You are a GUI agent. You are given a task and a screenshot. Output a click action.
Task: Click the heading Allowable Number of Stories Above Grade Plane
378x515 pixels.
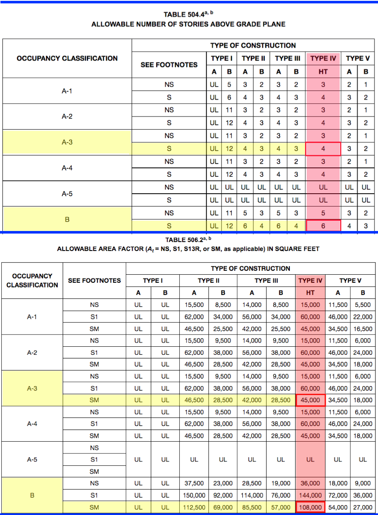pyautogui.click(x=188, y=24)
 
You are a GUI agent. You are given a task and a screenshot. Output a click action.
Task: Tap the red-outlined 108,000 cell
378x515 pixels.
pyautogui.click(x=310, y=507)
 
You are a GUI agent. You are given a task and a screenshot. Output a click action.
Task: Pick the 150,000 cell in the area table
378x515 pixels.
pyautogui.click(x=194, y=495)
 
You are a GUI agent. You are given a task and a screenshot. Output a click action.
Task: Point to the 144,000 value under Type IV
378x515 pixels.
pyautogui.click(x=310, y=495)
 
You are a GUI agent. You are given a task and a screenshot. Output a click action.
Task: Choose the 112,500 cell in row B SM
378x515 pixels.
pyautogui.click(x=194, y=507)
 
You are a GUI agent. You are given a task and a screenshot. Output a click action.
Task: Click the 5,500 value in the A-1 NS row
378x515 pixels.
pyautogui.click(x=363, y=305)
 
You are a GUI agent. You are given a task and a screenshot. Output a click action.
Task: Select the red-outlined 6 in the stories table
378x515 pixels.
pyautogui.click(x=323, y=226)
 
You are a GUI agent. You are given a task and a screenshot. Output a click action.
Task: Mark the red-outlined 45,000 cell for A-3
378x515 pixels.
pyautogui.click(x=310, y=400)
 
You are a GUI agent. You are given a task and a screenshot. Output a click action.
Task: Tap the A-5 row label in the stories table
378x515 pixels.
pyautogui.click(x=67, y=194)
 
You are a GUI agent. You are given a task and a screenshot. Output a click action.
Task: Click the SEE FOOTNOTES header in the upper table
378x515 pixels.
pyautogui.click(x=169, y=65)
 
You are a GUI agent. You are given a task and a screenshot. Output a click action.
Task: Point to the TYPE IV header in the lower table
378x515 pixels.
pyautogui.click(x=310, y=281)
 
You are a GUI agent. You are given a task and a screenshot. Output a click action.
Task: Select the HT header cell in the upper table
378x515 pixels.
pyautogui.click(x=323, y=72)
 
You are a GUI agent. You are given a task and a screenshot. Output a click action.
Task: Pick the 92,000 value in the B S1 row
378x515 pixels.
pyautogui.click(x=223, y=495)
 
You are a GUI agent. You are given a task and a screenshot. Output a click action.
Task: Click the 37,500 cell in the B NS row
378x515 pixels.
pyautogui.click(x=194, y=483)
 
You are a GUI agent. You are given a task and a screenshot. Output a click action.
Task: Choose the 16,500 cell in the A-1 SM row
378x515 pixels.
pyautogui.click(x=363, y=328)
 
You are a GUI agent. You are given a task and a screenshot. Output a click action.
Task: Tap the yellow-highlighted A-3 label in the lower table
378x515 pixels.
pyautogui.click(x=32, y=388)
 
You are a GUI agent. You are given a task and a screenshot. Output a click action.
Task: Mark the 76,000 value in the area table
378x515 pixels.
pyautogui.click(x=280, y=495)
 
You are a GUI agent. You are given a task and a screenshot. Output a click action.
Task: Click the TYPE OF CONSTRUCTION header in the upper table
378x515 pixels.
pyautogui.click(x=253, y=45)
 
